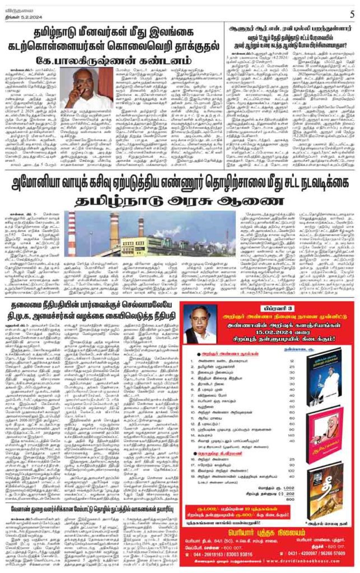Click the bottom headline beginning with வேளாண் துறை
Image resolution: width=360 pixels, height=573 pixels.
pyautogui.click(x=89, y=507)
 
